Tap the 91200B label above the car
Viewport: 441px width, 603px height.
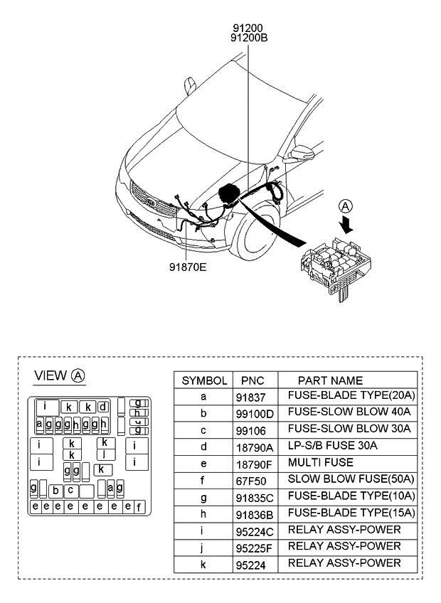pyautogui.click(x=249, y=39)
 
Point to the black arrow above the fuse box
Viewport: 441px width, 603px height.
pyautogui.click(x=346, y=225)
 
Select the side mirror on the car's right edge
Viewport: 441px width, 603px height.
pyautogui.click(x=305, y=153)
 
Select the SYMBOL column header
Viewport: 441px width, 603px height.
pyautogui.click(x=204, y=380)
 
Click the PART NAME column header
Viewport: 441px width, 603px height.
pyautogui.click(x=329, y=380)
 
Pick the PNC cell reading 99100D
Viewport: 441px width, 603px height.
pyautogui.click(x=254, y=412)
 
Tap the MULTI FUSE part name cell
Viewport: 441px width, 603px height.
pyautogui.click(x=320, y=462)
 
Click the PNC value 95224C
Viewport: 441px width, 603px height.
pyautogui.click(x=254, y=530)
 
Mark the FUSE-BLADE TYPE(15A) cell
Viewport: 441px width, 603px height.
pyautogui.click(x=351, y=513)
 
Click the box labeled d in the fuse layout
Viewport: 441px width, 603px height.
pyautogui.click(x=103, y=407)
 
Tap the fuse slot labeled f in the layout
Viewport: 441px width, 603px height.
pyautogui.click(x=139, y=507)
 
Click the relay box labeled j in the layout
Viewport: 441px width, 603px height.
pyautogui.click(x=105, y=453)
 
